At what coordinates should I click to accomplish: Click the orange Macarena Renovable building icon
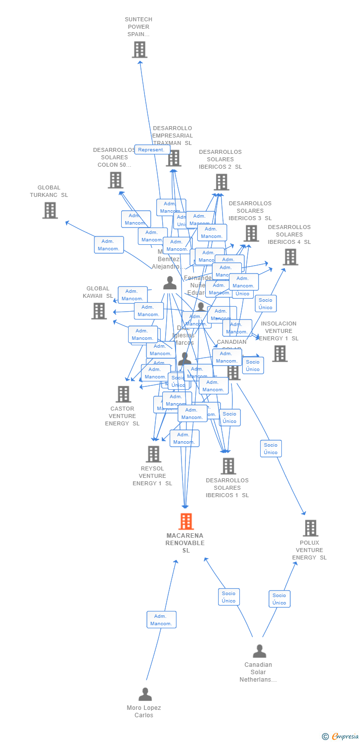(x=186, y=521)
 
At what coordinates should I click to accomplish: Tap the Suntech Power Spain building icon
(x=139, y=49)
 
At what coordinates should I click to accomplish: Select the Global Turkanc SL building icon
(x=50, y=210)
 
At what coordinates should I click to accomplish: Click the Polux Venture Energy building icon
(x=310, y=528)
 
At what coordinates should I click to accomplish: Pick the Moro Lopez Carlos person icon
(x=145, y=695)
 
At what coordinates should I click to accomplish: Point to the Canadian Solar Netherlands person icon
(x=259, y=651)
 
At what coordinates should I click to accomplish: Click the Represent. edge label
(x=152, y=149)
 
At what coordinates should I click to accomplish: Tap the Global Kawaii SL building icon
(x=99, y=311)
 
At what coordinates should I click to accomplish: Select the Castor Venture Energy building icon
(x=123, y=394)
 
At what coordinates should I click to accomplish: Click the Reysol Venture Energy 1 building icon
(x=153, y=454)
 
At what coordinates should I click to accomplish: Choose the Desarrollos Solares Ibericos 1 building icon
(x=228, y=466)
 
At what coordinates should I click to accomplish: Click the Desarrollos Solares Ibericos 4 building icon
(x=290, y=257)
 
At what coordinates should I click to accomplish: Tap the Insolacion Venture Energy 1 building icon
(x=279, y=353)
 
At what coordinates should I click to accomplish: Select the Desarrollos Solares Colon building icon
(x=115, y=180)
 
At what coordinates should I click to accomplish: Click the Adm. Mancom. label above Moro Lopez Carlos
(x=161, y=620)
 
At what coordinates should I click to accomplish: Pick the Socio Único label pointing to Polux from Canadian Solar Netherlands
(x=279, y=599)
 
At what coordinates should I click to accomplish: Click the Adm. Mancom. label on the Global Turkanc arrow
(x=109, y=245)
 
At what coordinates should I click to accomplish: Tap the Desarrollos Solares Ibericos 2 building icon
(x=221, y=182)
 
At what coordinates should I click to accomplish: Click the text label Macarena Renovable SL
(x=185, y=543)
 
